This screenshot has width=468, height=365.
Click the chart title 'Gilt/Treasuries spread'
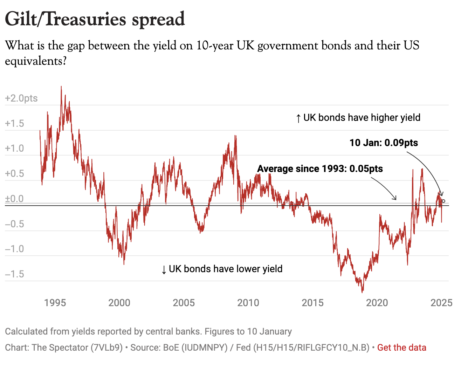tap(95, 19)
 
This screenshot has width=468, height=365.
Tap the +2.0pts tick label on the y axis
tap(21, 98)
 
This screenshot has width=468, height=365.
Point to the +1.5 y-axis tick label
tap(15, 123)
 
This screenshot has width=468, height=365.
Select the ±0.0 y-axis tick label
tap(15, 199)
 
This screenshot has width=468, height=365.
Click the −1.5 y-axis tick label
tap(15, 274)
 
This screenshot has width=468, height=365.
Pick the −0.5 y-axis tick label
tap(15, 224)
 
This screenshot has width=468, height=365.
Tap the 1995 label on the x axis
tap(55, 303)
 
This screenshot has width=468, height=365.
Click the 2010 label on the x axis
tap(248, 303)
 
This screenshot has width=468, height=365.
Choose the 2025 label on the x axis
tap(441, 303)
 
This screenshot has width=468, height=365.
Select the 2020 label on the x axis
tap(377, 303)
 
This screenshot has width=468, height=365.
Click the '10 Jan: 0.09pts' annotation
tap(384, 143)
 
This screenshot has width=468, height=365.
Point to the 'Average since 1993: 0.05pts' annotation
tap(320, 169)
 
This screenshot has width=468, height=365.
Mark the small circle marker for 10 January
tap(443, 201)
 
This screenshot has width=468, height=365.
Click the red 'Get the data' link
tap(402, 347)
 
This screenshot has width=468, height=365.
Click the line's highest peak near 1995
tap(61, 87)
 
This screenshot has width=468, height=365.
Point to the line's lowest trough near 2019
tap(362, 292)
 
